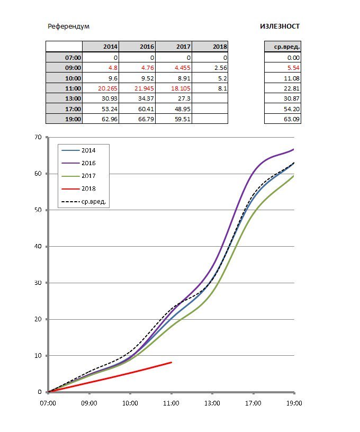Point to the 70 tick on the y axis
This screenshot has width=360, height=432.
tap(38, 137)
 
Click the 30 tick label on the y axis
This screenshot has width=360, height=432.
tap(38, 283)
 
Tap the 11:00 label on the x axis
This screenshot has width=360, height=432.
tap(172, 403)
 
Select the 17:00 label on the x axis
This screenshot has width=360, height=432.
tap(253, 403)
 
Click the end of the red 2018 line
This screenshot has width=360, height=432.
tap(171, 363)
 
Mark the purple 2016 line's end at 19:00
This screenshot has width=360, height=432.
tap(294, 149)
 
